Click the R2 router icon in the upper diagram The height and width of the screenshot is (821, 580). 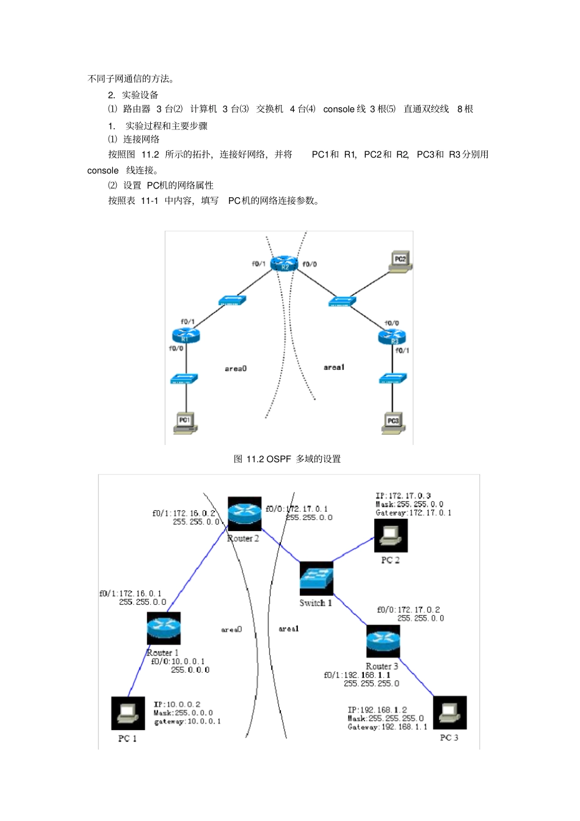[284, 264]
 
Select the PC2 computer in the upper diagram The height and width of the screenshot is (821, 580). [400, 261]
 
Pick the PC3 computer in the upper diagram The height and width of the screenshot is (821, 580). [393, 422]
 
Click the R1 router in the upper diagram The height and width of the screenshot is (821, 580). [186, 335]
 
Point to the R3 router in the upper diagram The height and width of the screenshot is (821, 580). [392, 337]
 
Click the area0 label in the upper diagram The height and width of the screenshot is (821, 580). [236, 369]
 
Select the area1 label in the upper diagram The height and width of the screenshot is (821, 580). [334, 367]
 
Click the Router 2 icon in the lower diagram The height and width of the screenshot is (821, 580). [244, 513]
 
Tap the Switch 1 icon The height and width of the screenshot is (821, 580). [316, 578]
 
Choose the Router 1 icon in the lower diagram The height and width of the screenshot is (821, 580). [164, 628]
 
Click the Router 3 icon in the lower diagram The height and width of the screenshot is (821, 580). [383, 641]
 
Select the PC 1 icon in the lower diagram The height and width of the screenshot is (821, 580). [128, 713]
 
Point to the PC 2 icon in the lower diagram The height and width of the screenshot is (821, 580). [391, 535]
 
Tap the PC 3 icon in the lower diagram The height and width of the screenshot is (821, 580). [450, 712]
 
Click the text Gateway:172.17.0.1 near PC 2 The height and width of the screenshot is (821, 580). [413, 513]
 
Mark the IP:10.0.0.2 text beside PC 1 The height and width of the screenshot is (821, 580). [177, 704]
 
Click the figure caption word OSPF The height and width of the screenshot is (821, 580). [278, 459]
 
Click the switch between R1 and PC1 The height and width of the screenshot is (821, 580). [184, 379]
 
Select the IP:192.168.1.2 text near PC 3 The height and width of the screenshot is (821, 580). [377, 710]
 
